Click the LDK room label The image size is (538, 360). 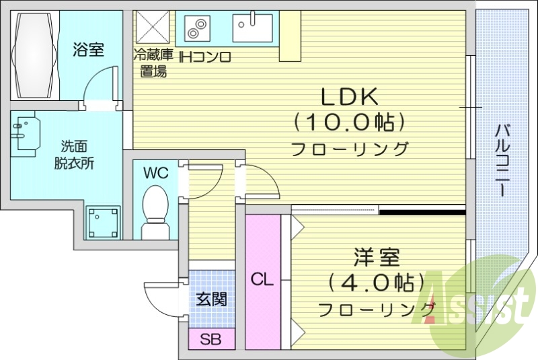click(x=349, y=98)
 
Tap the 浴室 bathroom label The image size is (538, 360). click(x=89, y=50)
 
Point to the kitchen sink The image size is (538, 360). click(x=253, y=27)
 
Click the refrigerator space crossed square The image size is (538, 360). click(x=153, y=27)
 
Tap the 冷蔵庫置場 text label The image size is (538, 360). click(x=153, y=63)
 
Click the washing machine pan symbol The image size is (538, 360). click(x=103, y=222)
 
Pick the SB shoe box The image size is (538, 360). click(x=210, y=338)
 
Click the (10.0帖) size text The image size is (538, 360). click(x=350, y=122)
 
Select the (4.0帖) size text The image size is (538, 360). click(x=377, y=281)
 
